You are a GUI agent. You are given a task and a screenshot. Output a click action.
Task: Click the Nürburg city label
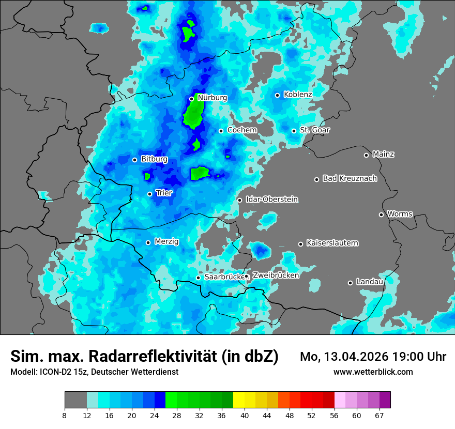point(212,97)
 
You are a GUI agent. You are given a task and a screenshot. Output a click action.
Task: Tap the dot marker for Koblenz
point(278,95)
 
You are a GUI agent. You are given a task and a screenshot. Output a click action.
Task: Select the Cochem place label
point(242,130)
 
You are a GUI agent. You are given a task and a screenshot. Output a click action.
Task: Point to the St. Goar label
point(315,130)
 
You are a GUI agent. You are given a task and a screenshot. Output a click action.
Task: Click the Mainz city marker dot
point(366,155)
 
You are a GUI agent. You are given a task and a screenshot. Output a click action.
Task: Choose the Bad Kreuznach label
point(350,179)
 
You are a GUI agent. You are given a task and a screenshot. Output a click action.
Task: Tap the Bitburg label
point(154,159)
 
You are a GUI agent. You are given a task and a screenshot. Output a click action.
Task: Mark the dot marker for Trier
point(150,194)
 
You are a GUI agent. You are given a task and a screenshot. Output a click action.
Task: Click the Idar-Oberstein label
point(272,200)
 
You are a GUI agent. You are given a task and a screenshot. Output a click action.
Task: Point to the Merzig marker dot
point(148,242)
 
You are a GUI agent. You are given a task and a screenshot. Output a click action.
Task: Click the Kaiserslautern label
point(332,243)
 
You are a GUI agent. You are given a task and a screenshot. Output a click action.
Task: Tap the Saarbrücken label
point(224,277)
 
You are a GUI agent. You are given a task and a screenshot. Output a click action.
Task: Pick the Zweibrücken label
point(276,275)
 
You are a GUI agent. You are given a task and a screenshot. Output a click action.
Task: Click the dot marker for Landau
point(350,283)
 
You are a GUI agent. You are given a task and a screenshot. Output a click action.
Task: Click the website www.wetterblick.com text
point(373,372)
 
